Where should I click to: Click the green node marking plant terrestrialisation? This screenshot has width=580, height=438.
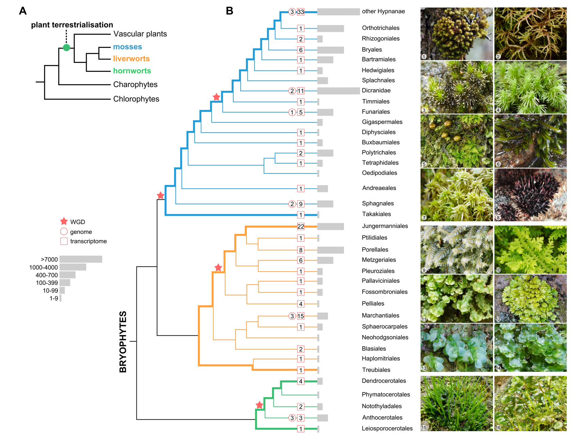click(x=67, y=48)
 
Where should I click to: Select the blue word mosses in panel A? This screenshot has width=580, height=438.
click(x=128, y=47)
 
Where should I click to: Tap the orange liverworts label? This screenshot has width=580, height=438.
click(x=131, y=59)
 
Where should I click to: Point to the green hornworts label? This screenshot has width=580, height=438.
click(x=132, y=71)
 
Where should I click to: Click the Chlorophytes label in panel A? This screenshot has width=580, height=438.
click(x=136, y=99)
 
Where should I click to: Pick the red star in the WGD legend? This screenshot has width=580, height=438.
click(x=64, y=221)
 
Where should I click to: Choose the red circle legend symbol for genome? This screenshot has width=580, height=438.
click(x=64, y=232)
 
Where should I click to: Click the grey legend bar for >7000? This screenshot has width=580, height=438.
click(x=81, y=259)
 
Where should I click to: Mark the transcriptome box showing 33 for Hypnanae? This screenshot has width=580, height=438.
click(x=301, y=12)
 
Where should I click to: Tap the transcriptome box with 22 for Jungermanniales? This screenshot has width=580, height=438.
click(x=301, y=226)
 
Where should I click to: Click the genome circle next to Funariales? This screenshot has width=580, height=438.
click(x=292, y=112)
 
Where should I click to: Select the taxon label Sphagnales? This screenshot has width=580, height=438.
click(x=378, y=203)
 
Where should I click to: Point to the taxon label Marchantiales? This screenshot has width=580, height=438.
click(x=380, y=316)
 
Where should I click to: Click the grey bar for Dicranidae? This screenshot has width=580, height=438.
click(x=338, y=91)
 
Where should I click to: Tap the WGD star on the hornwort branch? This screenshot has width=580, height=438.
click(x=260, y=405)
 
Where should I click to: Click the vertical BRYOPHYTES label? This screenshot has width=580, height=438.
click(x=123, y=341)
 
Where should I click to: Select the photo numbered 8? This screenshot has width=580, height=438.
click(x=530, y=195)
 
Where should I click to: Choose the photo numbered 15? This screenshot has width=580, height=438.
click(x=457, y=403)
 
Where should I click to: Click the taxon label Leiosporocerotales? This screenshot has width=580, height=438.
click(x=387, y=428)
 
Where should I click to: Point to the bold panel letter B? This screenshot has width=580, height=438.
click(x=230, y=11)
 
